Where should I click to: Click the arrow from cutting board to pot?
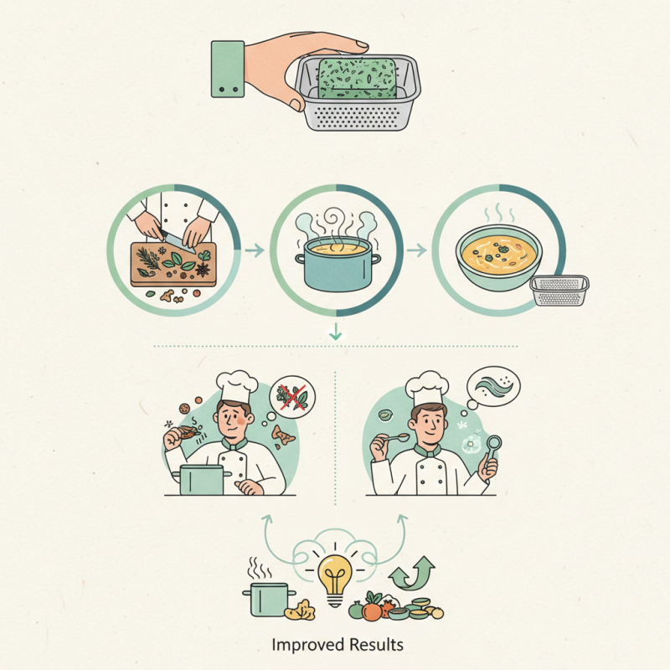point(253,249)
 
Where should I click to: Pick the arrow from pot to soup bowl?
point(414,249)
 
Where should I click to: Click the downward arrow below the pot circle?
point(337,332)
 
